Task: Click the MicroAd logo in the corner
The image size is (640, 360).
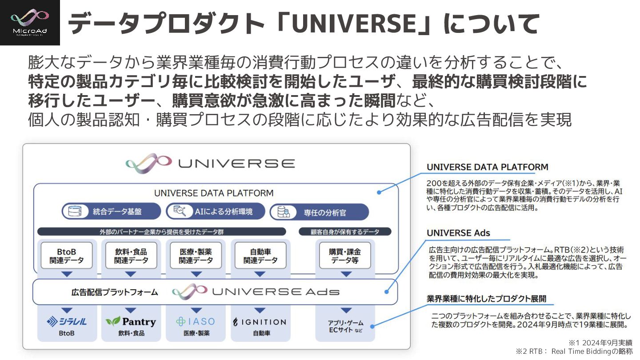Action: (x=30, y=22)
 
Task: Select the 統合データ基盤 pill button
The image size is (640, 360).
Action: (x=111, y=212)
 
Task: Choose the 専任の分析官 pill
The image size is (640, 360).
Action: (x=319, y=212)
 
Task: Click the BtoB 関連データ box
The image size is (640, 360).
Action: (x=67, y=256)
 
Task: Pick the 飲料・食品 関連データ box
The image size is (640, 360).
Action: (x=131, y=256)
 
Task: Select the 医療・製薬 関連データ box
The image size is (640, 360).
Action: (x=196, y=256)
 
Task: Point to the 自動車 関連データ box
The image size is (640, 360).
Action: (x=260, y=256)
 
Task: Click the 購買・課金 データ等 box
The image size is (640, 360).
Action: (x=345, y=256)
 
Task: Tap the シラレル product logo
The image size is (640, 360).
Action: (x=67, y=322)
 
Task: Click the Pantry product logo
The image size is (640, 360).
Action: (x=131, y=321)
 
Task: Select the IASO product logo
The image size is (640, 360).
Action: (x=196, y=321)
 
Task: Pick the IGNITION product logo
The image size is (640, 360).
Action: (x=260, y=322)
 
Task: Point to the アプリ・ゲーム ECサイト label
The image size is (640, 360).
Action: (x=345, y=326)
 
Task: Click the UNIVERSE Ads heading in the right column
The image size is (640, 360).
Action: (x=458, y=233)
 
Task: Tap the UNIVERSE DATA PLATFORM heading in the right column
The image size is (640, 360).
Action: (x=487, y=167)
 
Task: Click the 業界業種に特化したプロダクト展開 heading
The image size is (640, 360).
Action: (x=486, y=298)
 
